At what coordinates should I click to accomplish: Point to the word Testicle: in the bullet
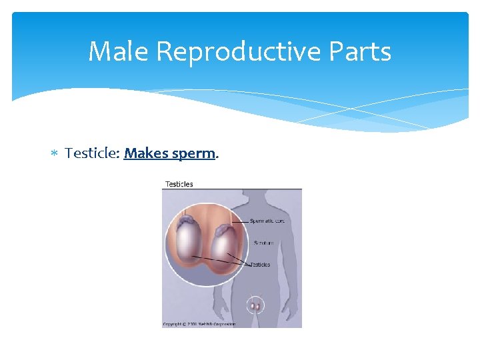click(93, 153)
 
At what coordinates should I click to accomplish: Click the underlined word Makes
click(146, 153)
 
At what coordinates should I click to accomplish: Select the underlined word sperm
click(193, 154)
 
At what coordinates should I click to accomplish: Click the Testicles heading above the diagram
click(179, 184)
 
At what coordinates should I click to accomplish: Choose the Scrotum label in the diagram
click(263, 243)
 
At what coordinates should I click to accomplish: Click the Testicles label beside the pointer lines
click(260, 265)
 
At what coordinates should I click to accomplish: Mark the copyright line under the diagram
click(199, 324)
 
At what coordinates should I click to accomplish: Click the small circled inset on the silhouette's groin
click(256, 306)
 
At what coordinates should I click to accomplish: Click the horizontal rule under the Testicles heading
click(232, 189)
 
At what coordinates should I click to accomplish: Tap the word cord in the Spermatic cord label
click(278, 221)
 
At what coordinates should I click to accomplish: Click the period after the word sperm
click(217, 157)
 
